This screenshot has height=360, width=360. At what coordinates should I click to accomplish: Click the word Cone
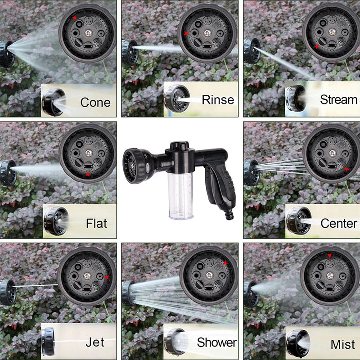[x=95, y=102]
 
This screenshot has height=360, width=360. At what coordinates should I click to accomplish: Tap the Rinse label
[x=218, y=99]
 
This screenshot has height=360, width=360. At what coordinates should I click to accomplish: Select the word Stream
[x=338, y=99]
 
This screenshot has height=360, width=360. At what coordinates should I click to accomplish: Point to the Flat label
[x=96, y=223]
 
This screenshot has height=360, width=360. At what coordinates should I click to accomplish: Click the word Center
[x=339, y=223]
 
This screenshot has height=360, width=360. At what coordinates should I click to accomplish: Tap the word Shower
[x=216, y=342]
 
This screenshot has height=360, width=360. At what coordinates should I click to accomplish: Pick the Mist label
[x=343, y=345]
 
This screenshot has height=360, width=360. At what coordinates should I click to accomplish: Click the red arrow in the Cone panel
[x=74, y=18]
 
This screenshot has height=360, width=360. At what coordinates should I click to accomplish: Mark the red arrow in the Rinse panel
[x=185, y=33]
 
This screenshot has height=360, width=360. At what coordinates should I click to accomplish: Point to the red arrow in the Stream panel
[x=317, y=46]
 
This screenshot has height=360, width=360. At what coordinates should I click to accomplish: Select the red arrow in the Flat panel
[x=88, y=174]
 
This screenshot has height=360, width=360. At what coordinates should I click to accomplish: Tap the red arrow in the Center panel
[x=346, y=170]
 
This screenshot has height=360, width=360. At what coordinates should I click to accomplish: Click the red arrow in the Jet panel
[x=107, y=277]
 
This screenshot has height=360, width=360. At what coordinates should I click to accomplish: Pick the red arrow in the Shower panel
[x=225, y=263]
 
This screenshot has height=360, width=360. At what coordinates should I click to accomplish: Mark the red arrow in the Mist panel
[x=330, y=256]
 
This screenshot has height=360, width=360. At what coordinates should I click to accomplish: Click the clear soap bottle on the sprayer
[x=181, y=196]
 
